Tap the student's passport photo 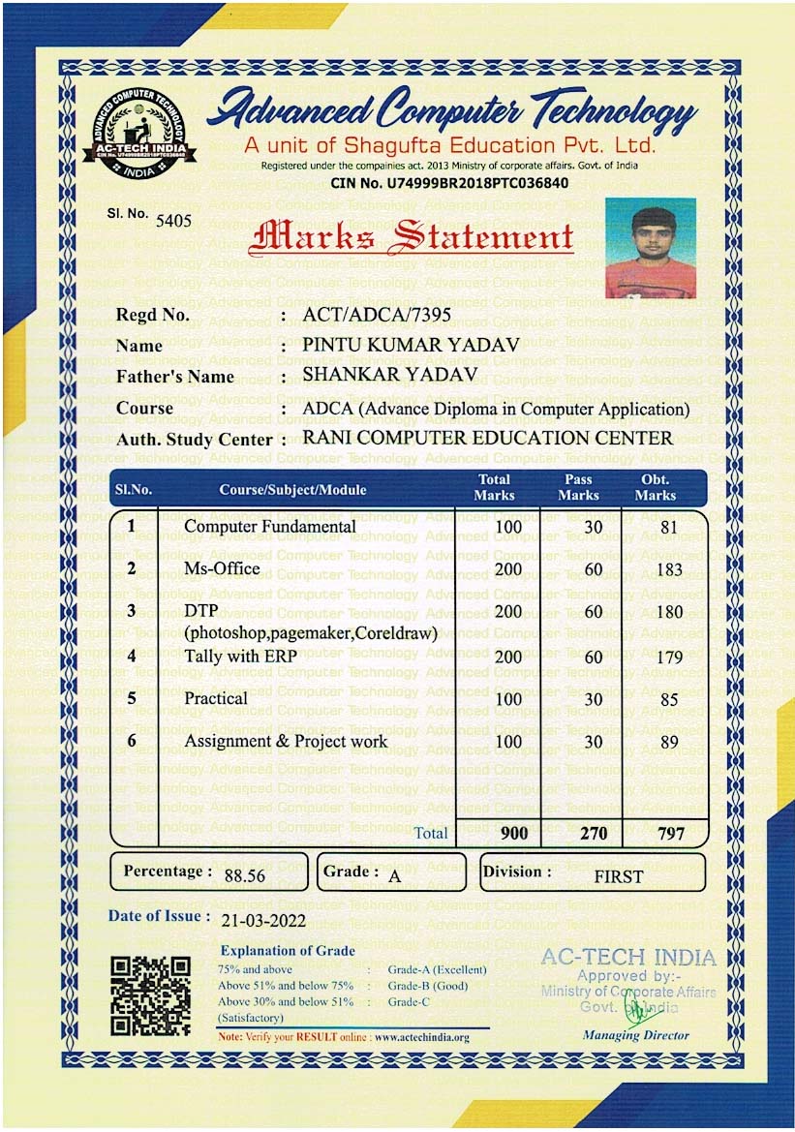[650, 247]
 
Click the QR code [150, 996]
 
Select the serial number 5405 [174, 220]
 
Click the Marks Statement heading [412, 237]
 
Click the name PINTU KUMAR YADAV [411, 345]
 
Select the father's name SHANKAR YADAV [390, 375]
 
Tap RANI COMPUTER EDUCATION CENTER [487, 438]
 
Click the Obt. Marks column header [655, 487]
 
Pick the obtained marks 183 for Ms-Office [668, 569]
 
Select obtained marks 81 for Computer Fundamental [668, 528]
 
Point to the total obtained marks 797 [670, 833]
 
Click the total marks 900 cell [514, 833]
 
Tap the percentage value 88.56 [244, 876]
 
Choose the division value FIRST [618, 877]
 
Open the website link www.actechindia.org [421, 1037]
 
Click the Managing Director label [635, 1035]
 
